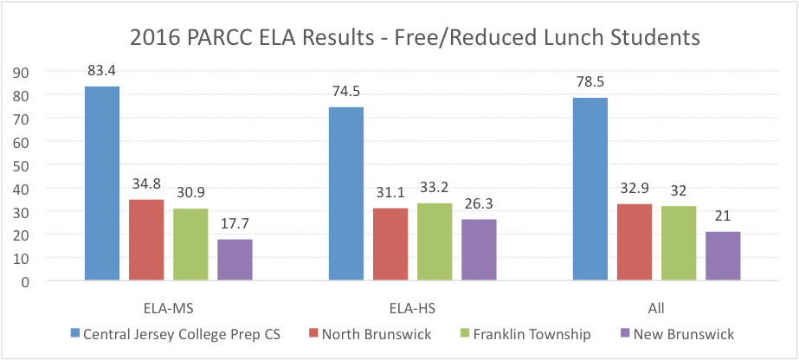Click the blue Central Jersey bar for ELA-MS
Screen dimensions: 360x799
102,183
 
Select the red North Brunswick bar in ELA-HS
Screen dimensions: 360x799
390,244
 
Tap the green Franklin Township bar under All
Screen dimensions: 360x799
679,243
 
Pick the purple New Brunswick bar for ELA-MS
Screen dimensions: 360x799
235,260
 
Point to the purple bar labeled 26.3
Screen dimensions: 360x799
479,250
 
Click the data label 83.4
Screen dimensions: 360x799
102,70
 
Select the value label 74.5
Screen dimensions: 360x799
346,92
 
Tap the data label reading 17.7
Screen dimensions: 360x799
235,223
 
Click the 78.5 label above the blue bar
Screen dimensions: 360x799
590,82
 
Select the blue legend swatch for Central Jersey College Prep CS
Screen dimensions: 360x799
74,333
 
